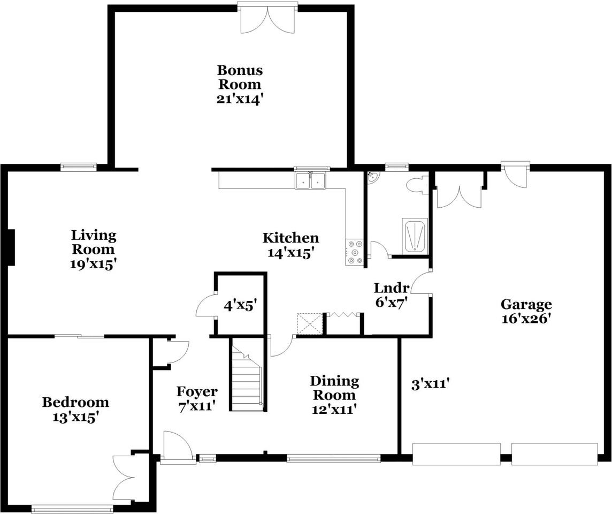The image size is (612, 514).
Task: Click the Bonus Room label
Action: click(239, 77)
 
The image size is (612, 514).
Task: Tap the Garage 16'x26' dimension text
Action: click(526, 319)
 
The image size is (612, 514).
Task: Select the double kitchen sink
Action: click(311, 180)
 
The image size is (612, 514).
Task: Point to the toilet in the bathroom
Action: click(417, 185)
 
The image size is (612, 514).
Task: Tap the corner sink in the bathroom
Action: click(372, 177)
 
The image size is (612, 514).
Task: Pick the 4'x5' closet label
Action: click(240, 305)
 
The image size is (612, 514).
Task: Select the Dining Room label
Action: click(334, 388)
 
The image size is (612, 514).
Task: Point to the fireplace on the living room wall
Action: click(11, 247)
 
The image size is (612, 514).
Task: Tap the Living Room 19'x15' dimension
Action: click(94, 264)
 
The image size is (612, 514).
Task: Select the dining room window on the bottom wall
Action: click(333, 458)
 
